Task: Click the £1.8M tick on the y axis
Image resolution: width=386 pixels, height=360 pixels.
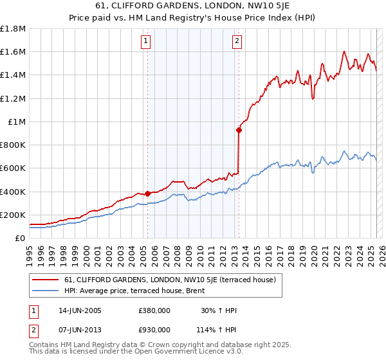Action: click(13, 29)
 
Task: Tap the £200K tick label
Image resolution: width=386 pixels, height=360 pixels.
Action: click(13, 215)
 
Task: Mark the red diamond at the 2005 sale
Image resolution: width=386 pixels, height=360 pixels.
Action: click(147, 194)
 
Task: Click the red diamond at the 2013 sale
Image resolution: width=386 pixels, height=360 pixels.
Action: click(239, 130)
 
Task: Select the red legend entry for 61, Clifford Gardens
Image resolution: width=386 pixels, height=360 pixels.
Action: click(170, 280)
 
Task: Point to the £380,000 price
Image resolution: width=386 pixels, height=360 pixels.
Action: click(154, 310)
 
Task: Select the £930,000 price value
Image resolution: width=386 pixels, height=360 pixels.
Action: click(154, 329)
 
